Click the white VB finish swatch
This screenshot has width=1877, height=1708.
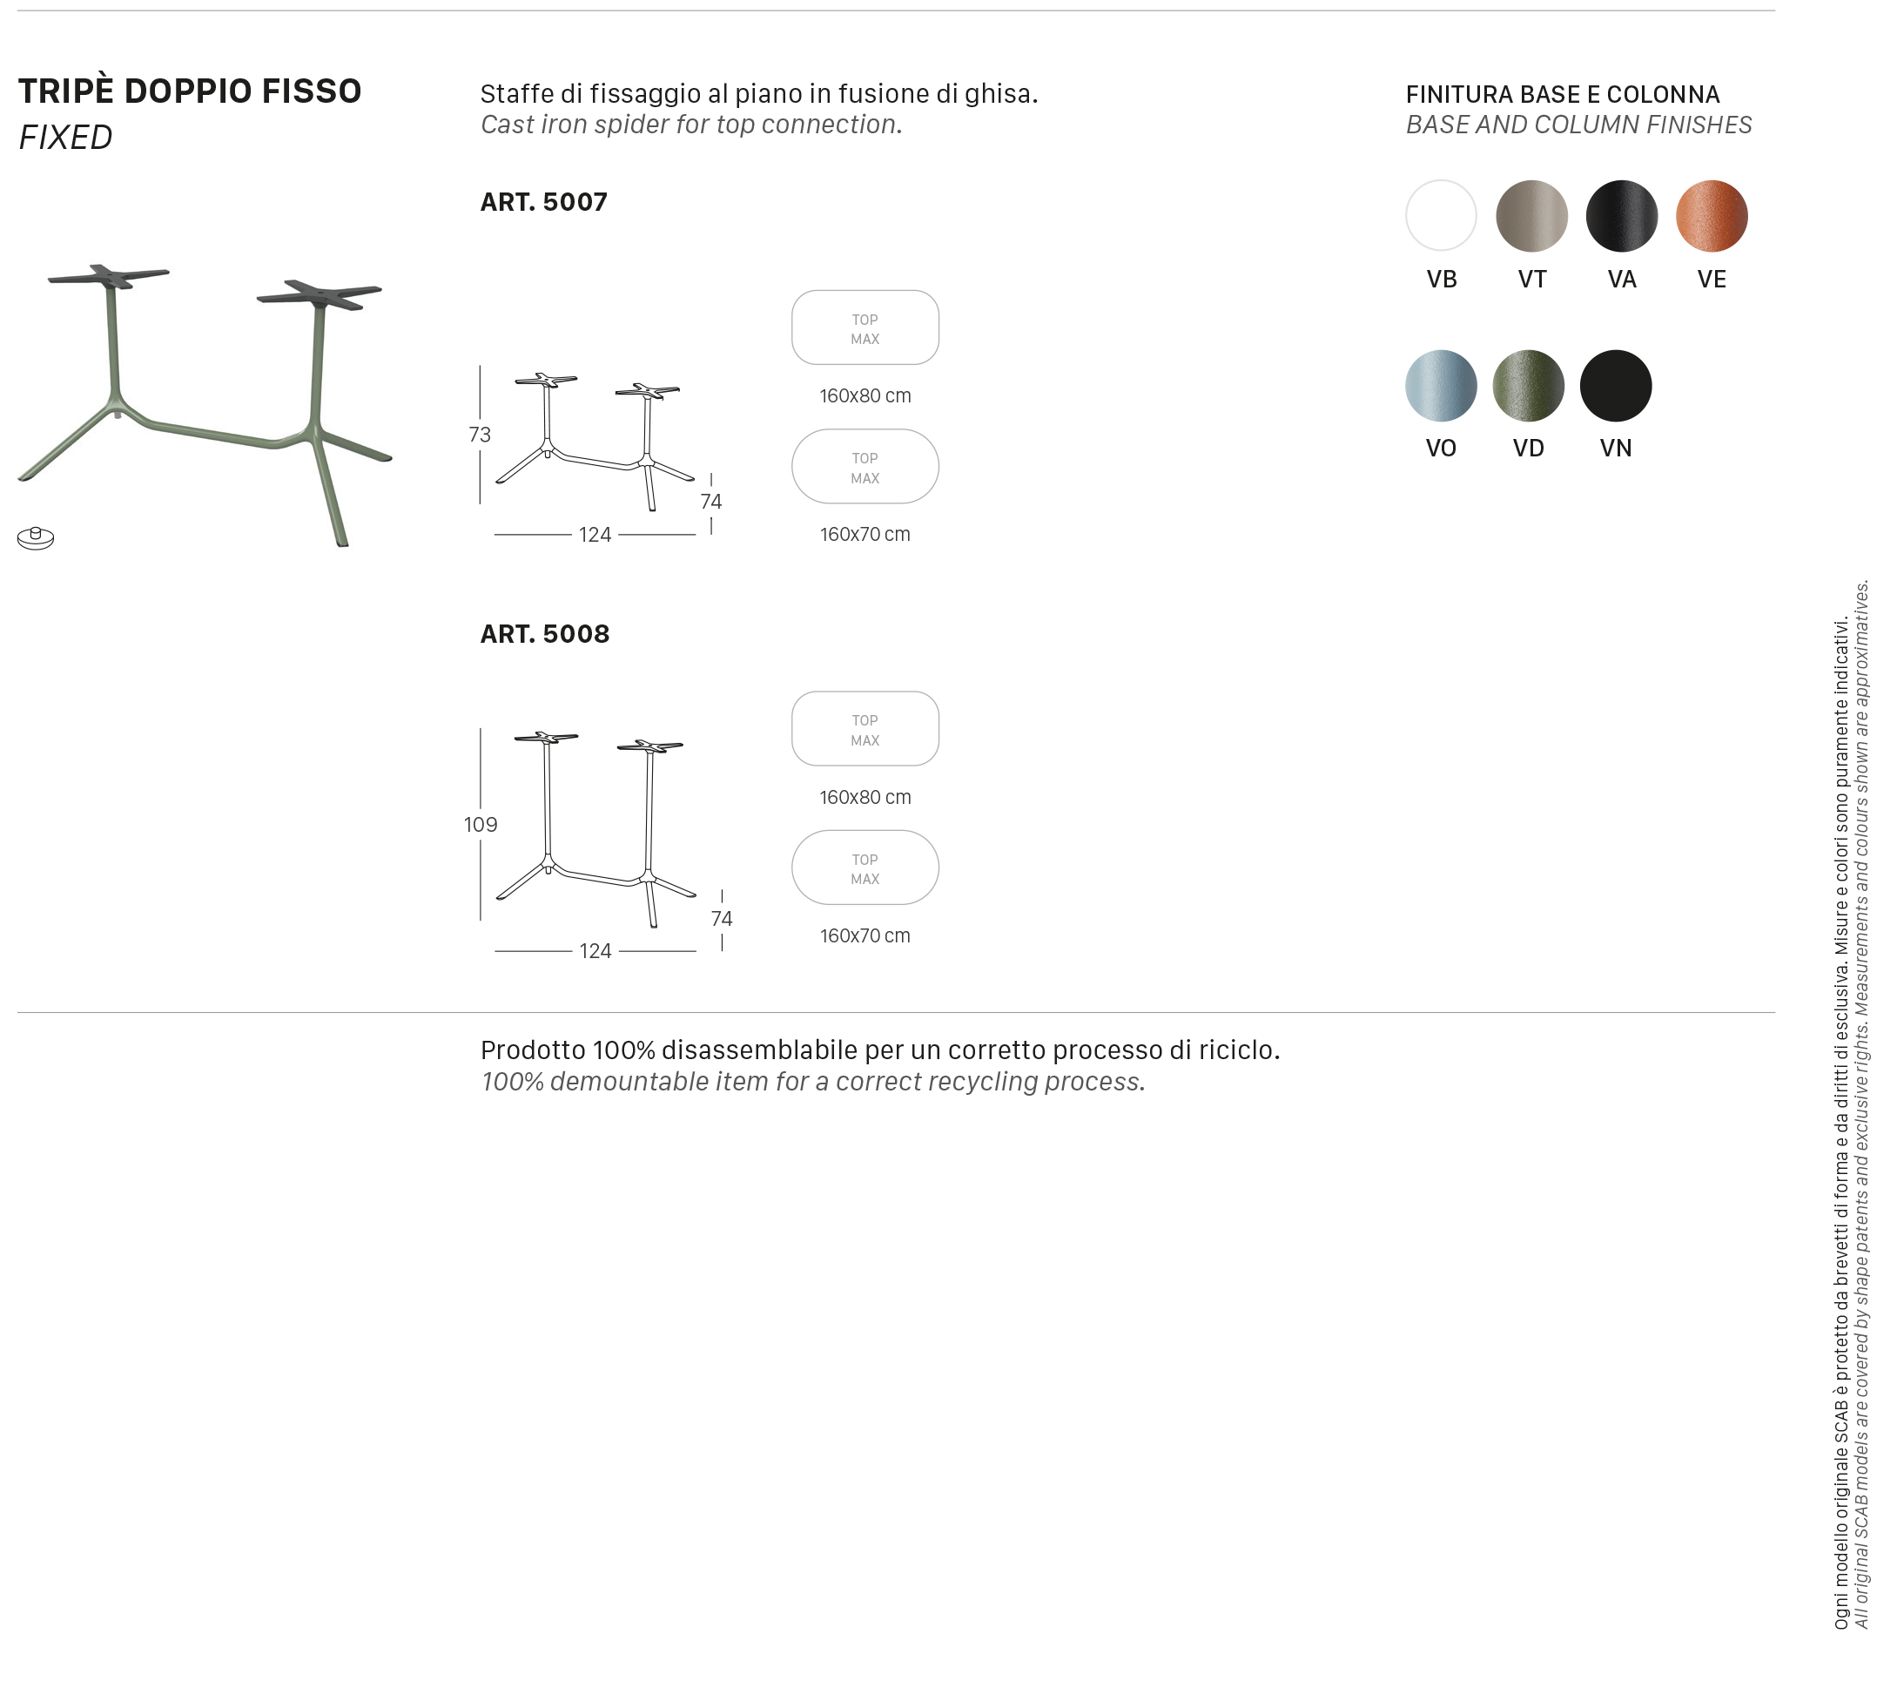click(x=1440, y=215)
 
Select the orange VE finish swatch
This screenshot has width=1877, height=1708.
click(x=1712, y=215)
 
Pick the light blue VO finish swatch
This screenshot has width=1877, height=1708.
click(x=1440, y=386)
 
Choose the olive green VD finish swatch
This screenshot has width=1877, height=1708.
click(x=1528, y=386)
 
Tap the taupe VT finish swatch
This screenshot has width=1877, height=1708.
click(x=1531, y=215)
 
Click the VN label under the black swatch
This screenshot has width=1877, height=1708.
click(x=1615, y=448)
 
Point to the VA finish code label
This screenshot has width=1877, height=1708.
click(x=1622, y=280)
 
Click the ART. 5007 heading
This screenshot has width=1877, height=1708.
click(x=544, y=202)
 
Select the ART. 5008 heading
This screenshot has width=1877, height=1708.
click(x=545, y=634)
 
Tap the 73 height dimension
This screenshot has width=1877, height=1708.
click(x=480, y=434)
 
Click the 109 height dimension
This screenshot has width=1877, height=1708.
click(x=481, y=824)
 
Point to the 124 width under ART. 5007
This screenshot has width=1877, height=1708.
click(x=595, y=535)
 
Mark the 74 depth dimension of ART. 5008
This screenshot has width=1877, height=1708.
click(x=722, y=918)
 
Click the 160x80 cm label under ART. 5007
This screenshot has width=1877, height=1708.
click(x=865, y=395)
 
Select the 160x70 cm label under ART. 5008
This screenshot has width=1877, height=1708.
click(x=865, y=936)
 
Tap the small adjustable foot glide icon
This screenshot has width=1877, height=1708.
click(x=36, y=537)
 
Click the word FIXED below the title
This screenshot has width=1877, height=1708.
click(x=66, y=138)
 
